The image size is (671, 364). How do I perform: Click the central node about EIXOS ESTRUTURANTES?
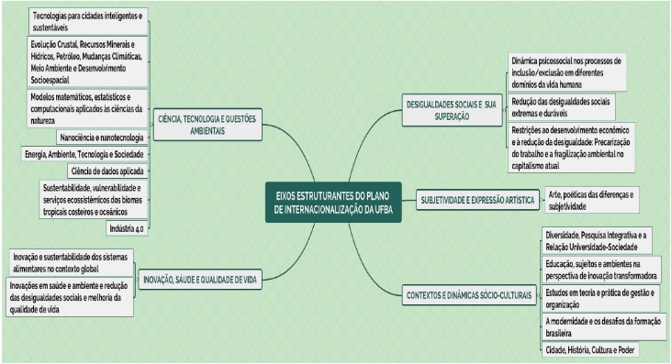pos(333,202)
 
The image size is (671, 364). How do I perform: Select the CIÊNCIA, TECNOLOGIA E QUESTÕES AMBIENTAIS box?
pos(207,125)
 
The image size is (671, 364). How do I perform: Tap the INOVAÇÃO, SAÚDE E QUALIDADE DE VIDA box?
pos(200,280)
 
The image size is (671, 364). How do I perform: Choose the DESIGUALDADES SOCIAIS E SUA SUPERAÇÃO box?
pos(452,110)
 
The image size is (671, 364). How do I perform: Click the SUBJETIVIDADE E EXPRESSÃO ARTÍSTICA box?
pos(477,200)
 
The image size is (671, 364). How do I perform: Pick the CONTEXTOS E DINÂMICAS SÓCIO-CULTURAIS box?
pos(469,295)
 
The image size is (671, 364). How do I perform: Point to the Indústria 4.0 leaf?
pos(127,228)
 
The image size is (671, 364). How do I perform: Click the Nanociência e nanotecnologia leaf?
pos(102,138)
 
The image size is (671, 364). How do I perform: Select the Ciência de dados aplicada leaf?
pos(107,171)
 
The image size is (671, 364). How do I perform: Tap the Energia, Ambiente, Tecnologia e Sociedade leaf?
pos(84,154)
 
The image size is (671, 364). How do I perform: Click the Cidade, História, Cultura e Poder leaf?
pos(590,350)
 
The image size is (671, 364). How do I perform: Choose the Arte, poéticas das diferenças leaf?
pos(592,201)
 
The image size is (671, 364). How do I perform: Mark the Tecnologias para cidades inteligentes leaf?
pos(88,21)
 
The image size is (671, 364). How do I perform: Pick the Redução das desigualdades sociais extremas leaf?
pos(562,107)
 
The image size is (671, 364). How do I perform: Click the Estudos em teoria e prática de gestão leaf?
pos(601,299)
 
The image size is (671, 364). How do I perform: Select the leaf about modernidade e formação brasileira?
pos(604,327)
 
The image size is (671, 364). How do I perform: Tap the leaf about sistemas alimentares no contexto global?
pos(72,263)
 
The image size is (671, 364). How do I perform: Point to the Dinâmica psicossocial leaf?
pos(567,72)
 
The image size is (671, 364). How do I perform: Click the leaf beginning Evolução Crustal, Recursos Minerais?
pos(87,62)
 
